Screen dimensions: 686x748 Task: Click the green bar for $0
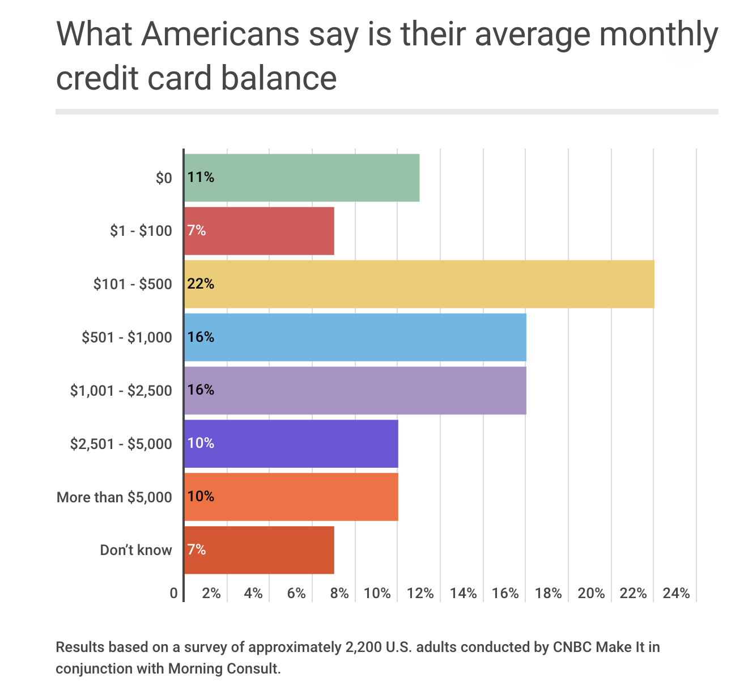[302, 177]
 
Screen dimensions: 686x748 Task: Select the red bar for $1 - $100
[259, 231]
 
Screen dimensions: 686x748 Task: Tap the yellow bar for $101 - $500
[419, 284]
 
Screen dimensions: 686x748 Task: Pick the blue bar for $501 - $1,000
[355, 337]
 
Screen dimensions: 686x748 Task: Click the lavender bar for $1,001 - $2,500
[355, 390]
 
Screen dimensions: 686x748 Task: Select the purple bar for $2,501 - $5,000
[291, 443]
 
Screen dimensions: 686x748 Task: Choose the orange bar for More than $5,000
[291, 497]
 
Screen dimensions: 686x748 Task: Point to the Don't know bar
[259, 550]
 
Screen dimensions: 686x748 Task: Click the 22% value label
[201, 284]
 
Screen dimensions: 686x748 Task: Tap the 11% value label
[201, 177]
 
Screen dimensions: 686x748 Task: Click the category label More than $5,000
[114, 497]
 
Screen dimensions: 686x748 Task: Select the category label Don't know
[135, 550]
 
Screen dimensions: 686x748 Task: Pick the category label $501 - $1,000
[126, 337]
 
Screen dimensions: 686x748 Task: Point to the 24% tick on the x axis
[676, 593]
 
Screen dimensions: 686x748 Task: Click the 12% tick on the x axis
[420, 593]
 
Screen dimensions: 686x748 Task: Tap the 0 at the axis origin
[173, 593]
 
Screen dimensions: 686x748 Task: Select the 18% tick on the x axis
[548, 593]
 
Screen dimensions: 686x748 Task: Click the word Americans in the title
[220, 34]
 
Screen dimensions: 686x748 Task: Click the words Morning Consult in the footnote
[223, 668]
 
